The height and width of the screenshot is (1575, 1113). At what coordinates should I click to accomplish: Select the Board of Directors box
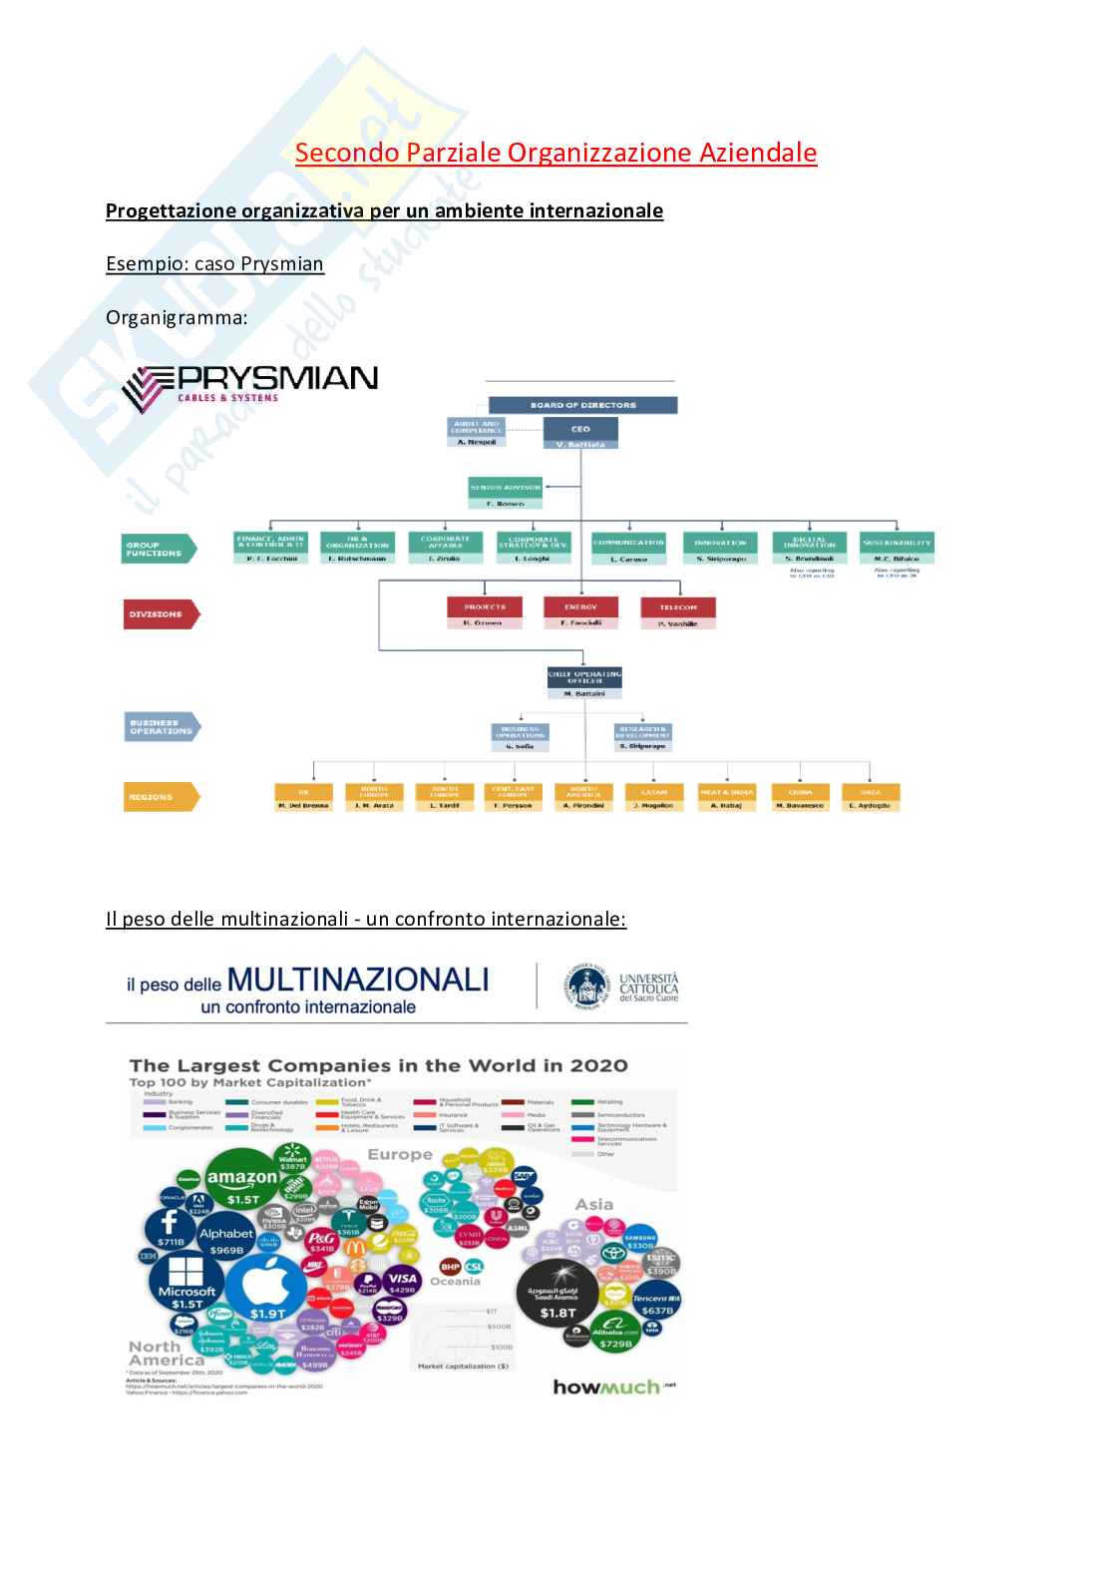(582, 405)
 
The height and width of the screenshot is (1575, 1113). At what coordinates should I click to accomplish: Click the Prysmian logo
(249, 385)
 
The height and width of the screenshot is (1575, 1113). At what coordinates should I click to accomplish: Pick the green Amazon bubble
(242, 1184)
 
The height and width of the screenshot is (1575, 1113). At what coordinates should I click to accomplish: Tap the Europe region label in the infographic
(400, 1154)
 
